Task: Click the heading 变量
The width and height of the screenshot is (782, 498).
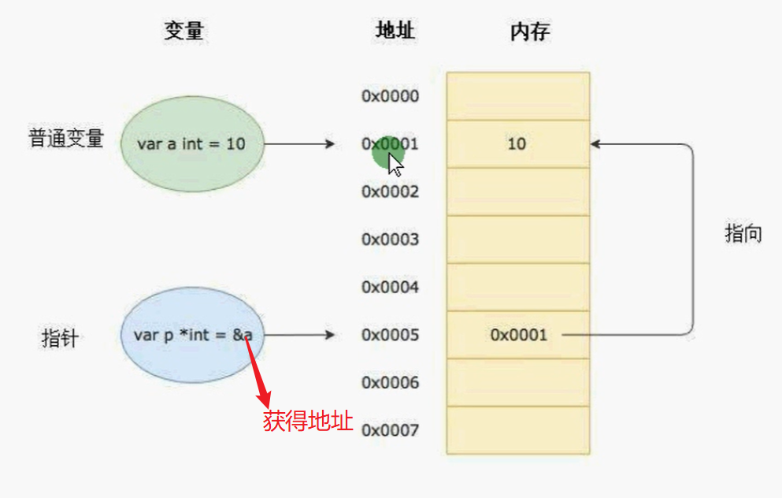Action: point(184,32)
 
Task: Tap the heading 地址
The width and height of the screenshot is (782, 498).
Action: point(395,32)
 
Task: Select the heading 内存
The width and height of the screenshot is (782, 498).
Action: point(530,32)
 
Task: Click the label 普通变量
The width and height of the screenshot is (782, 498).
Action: point(66,139)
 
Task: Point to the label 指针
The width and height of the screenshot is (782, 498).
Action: point(59,339)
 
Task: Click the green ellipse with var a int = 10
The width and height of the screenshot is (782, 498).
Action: point(191,144)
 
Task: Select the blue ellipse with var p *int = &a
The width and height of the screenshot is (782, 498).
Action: point(192,335)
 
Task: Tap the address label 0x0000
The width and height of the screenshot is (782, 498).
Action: point(390,96)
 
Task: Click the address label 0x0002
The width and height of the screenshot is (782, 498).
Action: point(390,191)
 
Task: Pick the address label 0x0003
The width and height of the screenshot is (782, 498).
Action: point(390,240)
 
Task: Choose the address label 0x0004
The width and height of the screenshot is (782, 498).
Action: point(390,288)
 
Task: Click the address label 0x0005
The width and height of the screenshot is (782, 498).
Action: point(390,335)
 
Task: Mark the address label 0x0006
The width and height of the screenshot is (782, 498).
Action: point(390,383)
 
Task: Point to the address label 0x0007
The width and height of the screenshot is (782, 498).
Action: point(390,431)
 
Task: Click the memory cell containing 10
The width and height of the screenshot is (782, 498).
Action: point(517,144)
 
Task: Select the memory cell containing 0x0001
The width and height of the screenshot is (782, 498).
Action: point(517,335)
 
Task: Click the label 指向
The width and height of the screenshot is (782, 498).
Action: point(743,234)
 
